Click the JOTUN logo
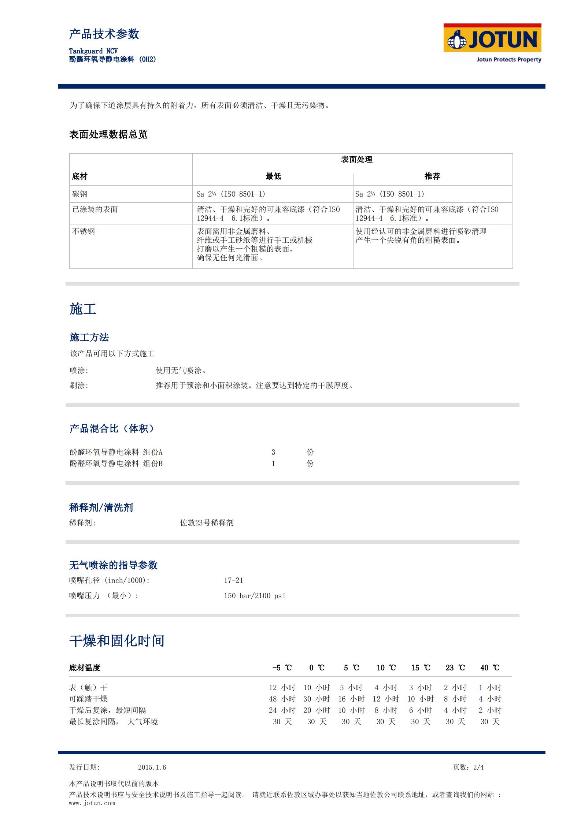[x=492, y=40]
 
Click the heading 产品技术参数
[x=104, y=34]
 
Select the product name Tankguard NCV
[x=93, y=51]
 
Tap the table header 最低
[x=273, y=176]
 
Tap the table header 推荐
[x=432, y=176]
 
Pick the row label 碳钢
[x=79, y=194]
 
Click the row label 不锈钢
[x=84, y=231]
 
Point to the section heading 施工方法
[x=89, y=337]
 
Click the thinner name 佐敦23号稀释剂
[x=207, y=523]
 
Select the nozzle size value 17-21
[x=233, y=580]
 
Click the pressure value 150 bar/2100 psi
[x=254, y=596]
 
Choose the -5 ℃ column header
[x=282, y=668]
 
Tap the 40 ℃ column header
[x=490, y=668]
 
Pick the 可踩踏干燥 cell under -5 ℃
[x=282, y=699]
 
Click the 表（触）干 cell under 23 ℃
[x=455, y=688]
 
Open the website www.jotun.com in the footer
[x=92, y=803]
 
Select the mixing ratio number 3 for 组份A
[x=273, y=452]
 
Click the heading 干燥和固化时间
[x=116, y=641]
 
